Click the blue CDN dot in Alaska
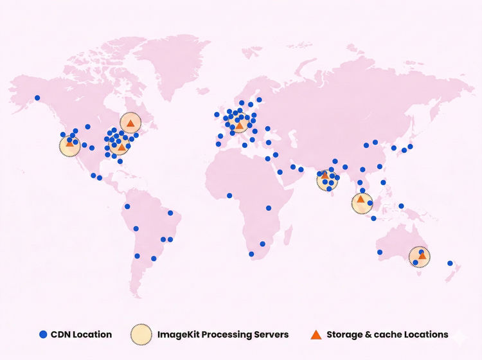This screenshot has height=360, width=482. [x=37, y=98]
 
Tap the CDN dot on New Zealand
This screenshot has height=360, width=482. [x=451, y=263]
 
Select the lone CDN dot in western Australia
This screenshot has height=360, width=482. [x=380, y=252]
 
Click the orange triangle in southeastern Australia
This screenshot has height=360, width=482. [x=422, y=256]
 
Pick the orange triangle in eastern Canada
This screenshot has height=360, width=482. [x=130, y=122]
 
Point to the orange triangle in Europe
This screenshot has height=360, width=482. [x=239, y=125]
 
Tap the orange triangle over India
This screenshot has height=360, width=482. [x=325, y=175]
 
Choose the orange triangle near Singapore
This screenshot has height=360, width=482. [x=361, y=200]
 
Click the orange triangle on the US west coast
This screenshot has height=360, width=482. [x=69, y=143]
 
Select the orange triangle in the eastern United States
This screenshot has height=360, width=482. [x=121, y=147]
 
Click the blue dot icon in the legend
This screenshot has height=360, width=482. [x=43, y=334]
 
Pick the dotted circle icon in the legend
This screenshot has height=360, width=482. [x=141, y=334]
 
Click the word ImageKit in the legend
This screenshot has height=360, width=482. [x=179, y=334]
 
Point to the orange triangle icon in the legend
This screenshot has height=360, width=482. [x=316, y=334]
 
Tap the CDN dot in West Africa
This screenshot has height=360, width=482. [x=229, y=195]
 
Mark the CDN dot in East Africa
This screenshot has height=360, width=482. [x=269, y=208]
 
